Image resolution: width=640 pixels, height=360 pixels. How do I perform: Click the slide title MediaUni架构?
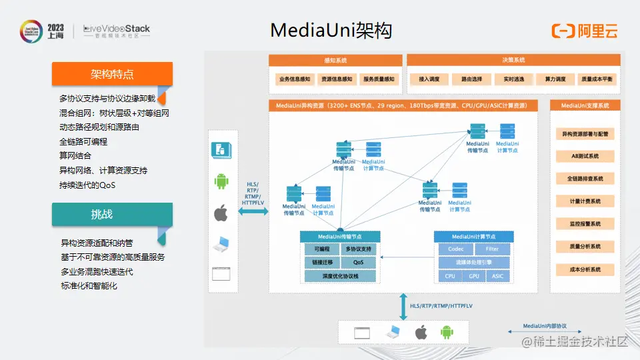(x=331, y=31)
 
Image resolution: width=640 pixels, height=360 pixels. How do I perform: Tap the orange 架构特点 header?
(x=112, y=74)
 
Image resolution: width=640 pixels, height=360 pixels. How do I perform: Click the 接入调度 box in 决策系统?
(x=429, y=79)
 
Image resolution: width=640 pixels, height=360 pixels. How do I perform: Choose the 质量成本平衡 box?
(x=597, y=79)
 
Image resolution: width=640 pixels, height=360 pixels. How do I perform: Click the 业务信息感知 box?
(x=295, y=79)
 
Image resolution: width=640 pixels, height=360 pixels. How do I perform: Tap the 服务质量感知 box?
(x=379, y=79)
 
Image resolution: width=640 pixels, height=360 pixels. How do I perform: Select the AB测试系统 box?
(x=585, y=156)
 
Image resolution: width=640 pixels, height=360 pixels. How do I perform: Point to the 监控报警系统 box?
(x=585, y=224)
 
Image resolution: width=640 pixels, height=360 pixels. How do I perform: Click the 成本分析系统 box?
(x=585, y=269)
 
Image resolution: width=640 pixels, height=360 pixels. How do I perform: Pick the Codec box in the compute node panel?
(x=456, y=249)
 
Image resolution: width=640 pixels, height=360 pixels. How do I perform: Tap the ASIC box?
(x=498, y=276)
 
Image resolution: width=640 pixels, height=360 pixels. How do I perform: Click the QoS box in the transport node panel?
(x=359, y=263)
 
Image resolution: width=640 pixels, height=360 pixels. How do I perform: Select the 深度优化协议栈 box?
(x=340, y=276)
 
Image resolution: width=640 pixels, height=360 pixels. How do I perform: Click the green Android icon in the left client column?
(x=221, y=181)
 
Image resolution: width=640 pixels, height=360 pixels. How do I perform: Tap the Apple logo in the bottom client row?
(x=421, y=332)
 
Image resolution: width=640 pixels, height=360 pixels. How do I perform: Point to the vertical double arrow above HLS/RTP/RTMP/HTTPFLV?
(x=403, y=305)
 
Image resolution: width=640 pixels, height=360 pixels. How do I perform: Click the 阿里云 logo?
(x=585, y=31)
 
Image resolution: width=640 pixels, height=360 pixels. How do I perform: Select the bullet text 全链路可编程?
(x=83, y=141)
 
